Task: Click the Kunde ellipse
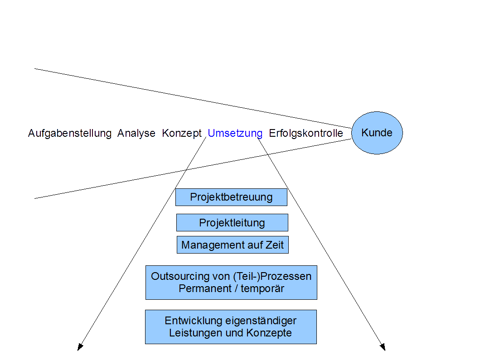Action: pyautogui.click(x=377, y=133)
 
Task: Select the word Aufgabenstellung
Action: pyautogui.click(x=70, y=134)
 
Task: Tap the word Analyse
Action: pyautogui.click(x=136, y=134)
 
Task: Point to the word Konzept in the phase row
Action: pyautogui.click(x=182, y=134)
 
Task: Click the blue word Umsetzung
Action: pyautogui.click(x=235, y=134)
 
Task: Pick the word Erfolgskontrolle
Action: pyautogui.click(x=306, y=134)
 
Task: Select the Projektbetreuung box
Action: pyautogui.click(x=231, y=197)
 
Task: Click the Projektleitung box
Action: pyautogui.click(x=232, y=223)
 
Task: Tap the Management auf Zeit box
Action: pyautogui.click(x=233, y=245)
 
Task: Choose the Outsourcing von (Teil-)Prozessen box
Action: pyautogui.click(x=231, y=283)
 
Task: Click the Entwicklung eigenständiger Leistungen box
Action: pyautogui.click(x=231, y=327)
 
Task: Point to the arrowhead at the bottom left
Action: pyautogui.click(x=80, y=347)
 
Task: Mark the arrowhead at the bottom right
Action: pyautogui.click(x=383, y=347)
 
